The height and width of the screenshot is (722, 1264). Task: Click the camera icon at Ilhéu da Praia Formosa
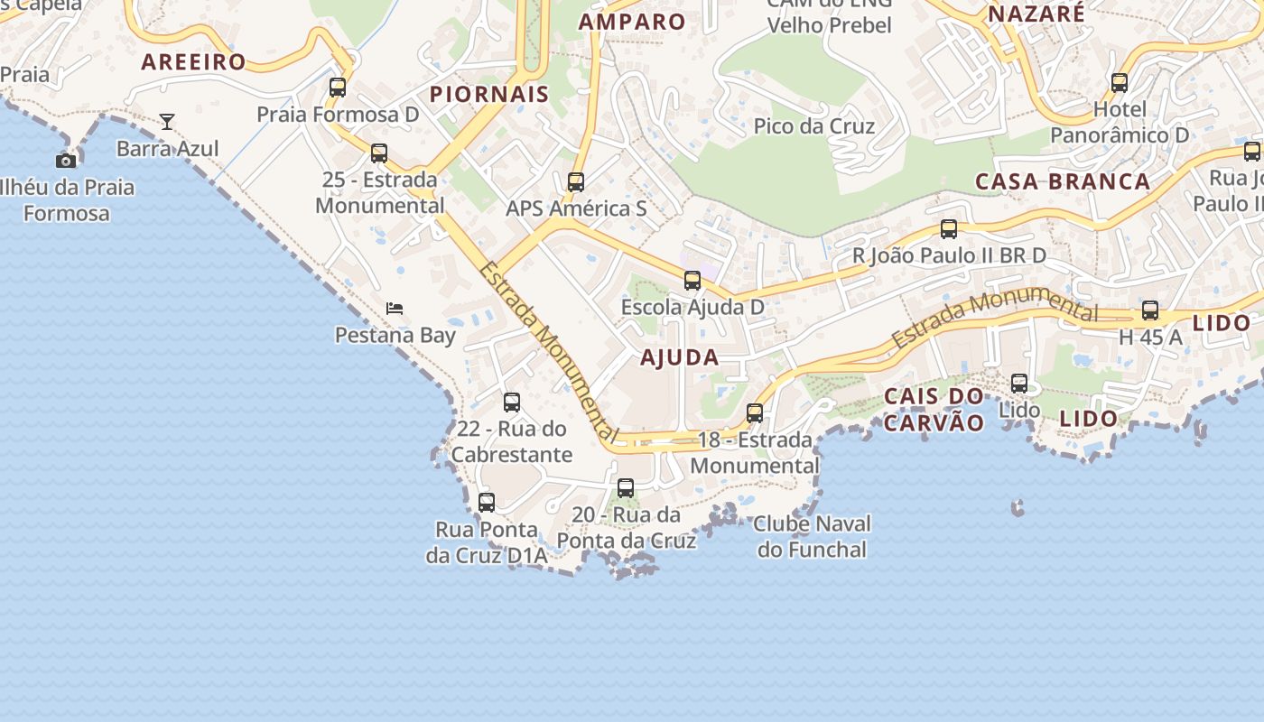click(66, 161)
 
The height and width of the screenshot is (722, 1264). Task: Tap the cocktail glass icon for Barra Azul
click(167, 121)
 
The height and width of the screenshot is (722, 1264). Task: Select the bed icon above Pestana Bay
click(395, 308)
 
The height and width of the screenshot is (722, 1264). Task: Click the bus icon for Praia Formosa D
click(338, 88)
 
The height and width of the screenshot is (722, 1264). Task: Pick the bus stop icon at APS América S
click(576, 182)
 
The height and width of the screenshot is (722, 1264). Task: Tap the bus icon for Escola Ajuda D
click(692, 281)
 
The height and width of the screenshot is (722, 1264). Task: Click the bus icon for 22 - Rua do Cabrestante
click(512, 403)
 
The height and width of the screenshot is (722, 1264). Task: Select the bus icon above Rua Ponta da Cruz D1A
click(487, 503)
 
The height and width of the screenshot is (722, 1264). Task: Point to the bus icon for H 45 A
click(1150, 310)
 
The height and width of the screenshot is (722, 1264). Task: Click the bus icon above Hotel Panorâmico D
click(1120, 83)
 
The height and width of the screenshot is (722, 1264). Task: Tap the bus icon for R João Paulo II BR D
click(949, 229)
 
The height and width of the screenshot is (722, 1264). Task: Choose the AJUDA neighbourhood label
click(680, 357)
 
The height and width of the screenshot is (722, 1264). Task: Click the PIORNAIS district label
click(489, 94)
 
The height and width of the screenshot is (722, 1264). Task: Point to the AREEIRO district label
click(193, 61)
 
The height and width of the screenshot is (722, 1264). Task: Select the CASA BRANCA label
click(1063, 181)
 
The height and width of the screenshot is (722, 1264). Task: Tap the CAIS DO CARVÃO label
click(934, 409)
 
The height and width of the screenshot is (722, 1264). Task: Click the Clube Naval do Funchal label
click(812, 536)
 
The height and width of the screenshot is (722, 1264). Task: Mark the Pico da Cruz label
click(814, 125)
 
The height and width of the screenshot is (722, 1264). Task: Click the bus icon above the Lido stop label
click(1019, 384)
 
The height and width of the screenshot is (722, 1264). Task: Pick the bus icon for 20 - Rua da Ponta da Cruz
click(626, 488)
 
